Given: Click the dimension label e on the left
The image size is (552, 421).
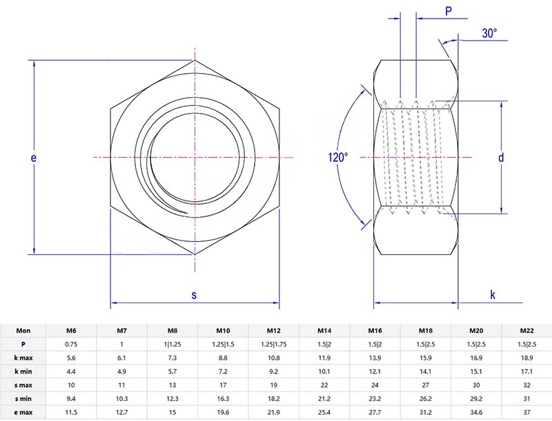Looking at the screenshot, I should (32, 158).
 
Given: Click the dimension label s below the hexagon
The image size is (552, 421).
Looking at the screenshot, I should (194, 295).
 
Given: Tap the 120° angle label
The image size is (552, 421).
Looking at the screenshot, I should (338, 158).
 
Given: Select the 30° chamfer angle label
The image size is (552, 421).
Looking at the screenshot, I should (490, 33).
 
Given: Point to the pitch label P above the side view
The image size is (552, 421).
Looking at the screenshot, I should (448, 11).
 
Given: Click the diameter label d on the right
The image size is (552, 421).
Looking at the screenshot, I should (502, 158).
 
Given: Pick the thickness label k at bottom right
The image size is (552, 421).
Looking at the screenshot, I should (493, 295).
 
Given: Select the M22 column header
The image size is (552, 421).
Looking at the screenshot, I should (527, 330).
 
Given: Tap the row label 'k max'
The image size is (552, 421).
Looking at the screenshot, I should (23, 358).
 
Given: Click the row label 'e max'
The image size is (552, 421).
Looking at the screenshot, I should (23, 412).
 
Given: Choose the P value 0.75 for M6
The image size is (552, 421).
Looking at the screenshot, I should (71, 344).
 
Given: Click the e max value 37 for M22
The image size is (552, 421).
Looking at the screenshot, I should (527, 412).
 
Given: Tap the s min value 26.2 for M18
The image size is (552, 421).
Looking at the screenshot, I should (426, 399).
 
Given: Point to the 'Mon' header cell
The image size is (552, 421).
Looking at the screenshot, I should (23, 330).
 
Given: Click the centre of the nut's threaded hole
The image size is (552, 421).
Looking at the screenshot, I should (195, 158).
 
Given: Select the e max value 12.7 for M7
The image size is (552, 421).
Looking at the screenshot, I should (122, 412).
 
